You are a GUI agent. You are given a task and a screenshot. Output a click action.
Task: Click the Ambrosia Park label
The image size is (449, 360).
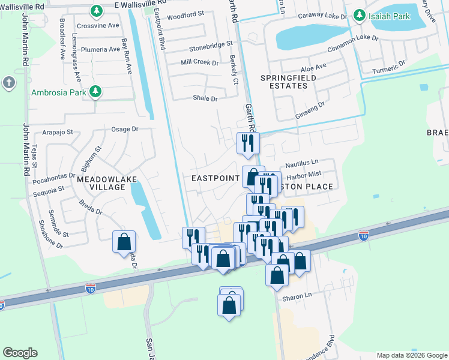58,91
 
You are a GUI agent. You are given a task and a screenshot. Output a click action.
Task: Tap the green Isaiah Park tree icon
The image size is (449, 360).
360,14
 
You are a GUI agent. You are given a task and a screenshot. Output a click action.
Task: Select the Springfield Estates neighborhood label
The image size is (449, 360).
284,82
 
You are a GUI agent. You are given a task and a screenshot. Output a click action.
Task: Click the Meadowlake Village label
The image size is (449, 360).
101,183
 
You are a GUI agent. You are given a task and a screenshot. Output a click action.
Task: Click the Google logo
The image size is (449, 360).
20,353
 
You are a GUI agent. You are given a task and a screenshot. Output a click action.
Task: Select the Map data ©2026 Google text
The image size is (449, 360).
411,355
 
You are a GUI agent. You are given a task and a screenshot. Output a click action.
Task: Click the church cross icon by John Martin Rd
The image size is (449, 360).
9,83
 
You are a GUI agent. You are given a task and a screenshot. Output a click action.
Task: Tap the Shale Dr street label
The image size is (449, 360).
205,98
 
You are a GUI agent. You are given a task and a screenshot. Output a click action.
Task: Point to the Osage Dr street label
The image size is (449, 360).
125,128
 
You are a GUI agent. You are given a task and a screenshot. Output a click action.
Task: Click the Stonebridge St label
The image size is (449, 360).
210,45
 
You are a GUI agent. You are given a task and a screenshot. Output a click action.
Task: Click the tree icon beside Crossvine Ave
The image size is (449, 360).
96,11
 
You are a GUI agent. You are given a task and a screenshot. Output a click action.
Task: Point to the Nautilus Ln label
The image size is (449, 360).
301,163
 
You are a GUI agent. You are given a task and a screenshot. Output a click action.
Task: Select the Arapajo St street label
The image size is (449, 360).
57,132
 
